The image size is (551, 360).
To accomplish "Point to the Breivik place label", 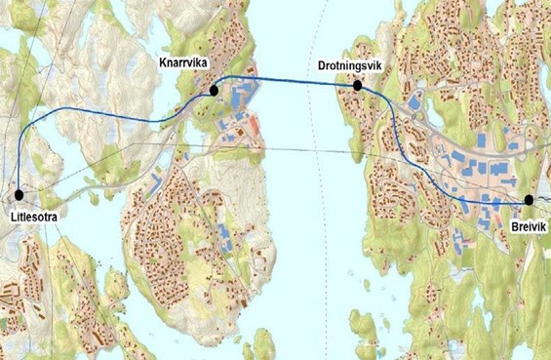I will click(530, 224).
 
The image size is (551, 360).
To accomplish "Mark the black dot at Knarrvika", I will click(213, 90).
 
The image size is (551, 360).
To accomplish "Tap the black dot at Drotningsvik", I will click(358, 86).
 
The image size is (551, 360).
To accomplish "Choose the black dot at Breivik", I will click(528, 199).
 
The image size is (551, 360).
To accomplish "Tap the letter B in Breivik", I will click(513, 224).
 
